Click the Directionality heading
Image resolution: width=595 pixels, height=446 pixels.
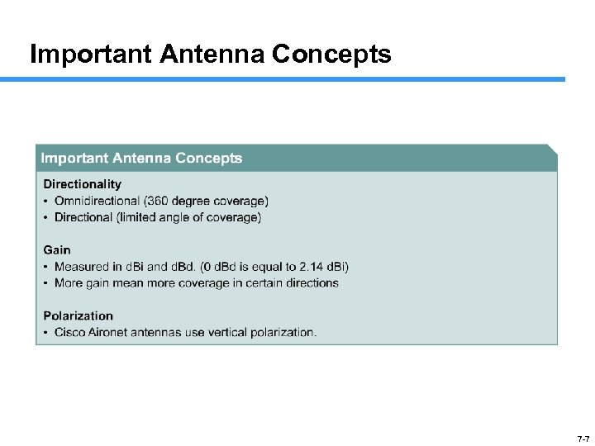82,184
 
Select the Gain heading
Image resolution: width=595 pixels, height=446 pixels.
57,249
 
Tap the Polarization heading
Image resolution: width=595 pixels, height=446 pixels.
78,316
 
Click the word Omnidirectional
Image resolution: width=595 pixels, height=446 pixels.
97,201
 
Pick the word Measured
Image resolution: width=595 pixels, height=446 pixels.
81,266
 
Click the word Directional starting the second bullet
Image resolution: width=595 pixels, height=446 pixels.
83,217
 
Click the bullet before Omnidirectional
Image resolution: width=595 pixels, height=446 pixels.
45,201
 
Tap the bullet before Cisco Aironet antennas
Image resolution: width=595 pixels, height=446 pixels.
45,332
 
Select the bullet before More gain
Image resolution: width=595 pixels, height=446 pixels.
45,282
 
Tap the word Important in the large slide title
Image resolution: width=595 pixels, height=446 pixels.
91,55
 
